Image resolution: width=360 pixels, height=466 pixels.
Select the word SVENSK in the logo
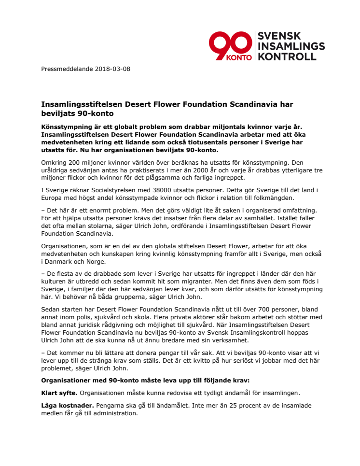pyautogui.click(x=280, y=36)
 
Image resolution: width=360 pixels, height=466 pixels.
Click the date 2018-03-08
pyautogui.click(x=112, y=69)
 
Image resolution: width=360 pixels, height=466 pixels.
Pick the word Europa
pyautogui.click(x=52, y=198)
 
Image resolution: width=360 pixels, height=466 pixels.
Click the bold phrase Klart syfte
pyautogui.click(x=59, y=393)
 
